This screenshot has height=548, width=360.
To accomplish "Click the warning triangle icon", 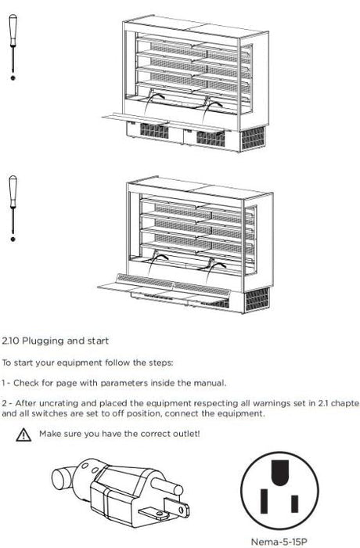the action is point(23,434).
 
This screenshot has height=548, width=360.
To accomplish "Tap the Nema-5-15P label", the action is point(279,542).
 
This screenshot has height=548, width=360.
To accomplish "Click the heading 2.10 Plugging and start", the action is point(56,341).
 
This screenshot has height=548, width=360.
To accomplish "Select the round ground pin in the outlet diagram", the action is point(280,473).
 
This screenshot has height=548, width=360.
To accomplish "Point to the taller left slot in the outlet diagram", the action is point(264,501).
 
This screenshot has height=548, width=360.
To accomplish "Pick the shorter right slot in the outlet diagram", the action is point(295,503).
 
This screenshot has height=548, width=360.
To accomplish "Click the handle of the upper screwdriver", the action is point(13,30).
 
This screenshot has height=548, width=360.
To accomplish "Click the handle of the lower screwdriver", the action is point(13,191).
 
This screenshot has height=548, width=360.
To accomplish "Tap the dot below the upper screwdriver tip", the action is point(13,78).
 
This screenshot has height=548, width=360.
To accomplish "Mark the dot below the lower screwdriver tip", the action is point(13,239).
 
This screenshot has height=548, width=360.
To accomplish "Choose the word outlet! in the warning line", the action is point(186,434).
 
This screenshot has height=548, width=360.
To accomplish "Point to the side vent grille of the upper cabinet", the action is point(253,138).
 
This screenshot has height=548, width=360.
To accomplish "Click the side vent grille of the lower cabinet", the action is point(257,300).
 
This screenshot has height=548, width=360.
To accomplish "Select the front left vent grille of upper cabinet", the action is point(154,131).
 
